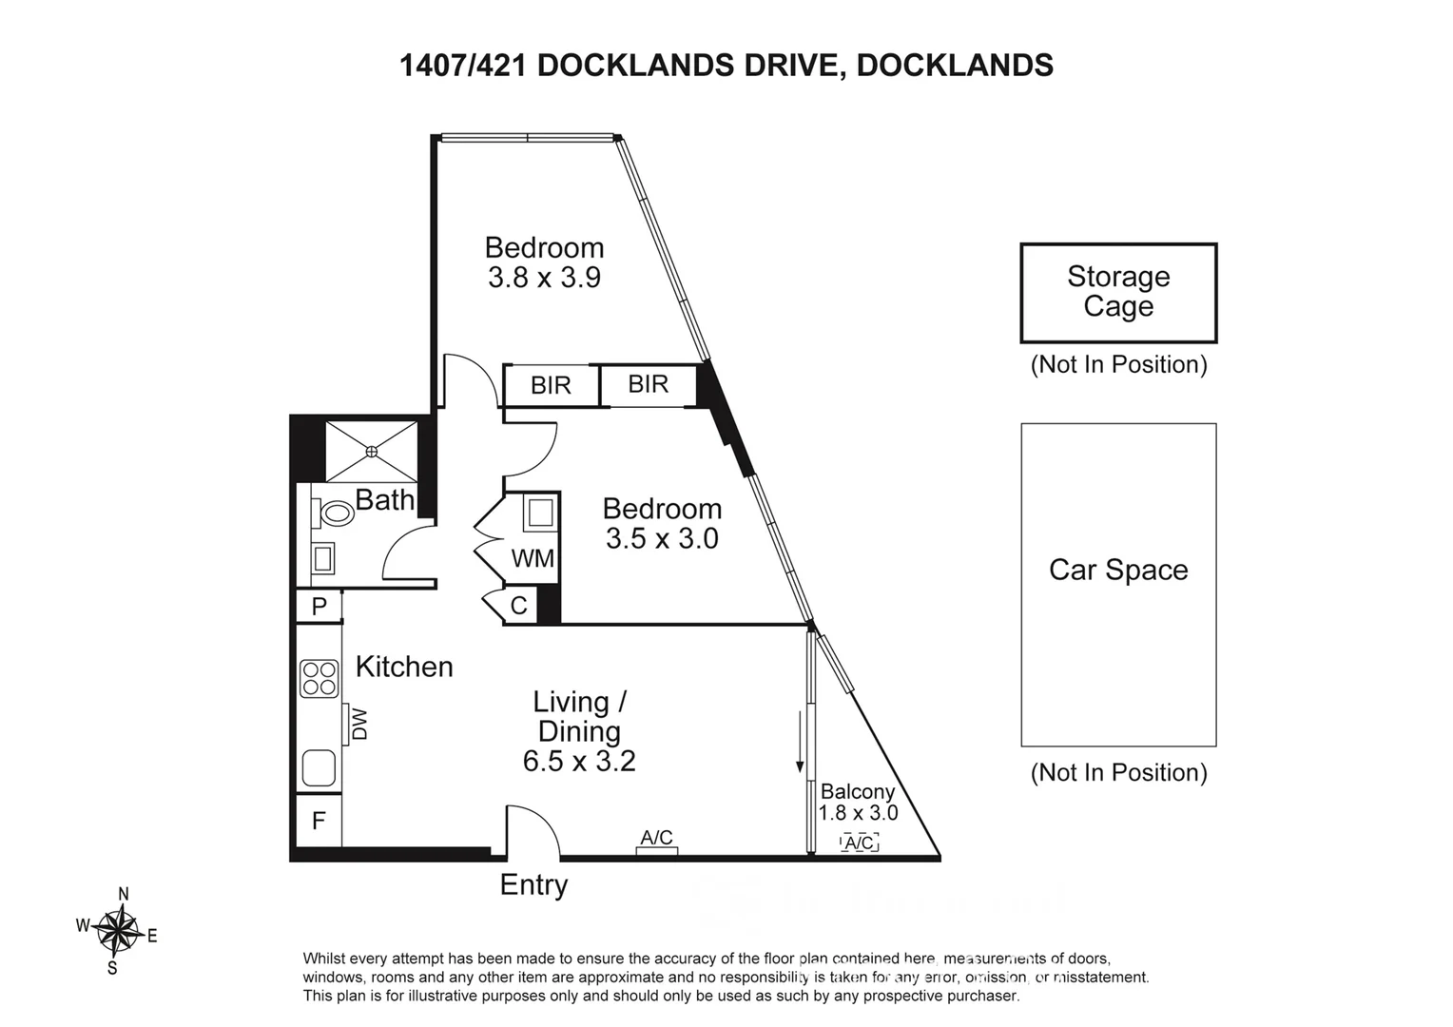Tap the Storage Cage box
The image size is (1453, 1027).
point(1118,293)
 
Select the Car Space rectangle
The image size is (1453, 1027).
point(1118,585)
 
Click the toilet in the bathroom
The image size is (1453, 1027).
point(335,514)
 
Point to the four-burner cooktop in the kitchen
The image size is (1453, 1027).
point(320,679)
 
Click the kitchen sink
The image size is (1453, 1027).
point(320,767)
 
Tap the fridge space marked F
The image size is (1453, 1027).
point(319,820)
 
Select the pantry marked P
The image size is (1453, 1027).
point(320,606)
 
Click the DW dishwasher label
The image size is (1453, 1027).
point(359,727)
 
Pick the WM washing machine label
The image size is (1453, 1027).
point(533,558)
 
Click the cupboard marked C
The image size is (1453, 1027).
point(518,606)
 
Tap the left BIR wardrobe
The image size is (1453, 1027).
point(551,385)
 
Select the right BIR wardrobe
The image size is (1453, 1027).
point(649,384)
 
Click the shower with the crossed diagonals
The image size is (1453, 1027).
point(372,451)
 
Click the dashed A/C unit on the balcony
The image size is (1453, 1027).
point(860,843)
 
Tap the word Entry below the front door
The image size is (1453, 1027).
point(533,885)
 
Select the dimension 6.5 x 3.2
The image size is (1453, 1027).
point(579,762)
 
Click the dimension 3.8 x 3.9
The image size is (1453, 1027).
point(544,278)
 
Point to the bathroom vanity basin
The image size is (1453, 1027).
point(323,558)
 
